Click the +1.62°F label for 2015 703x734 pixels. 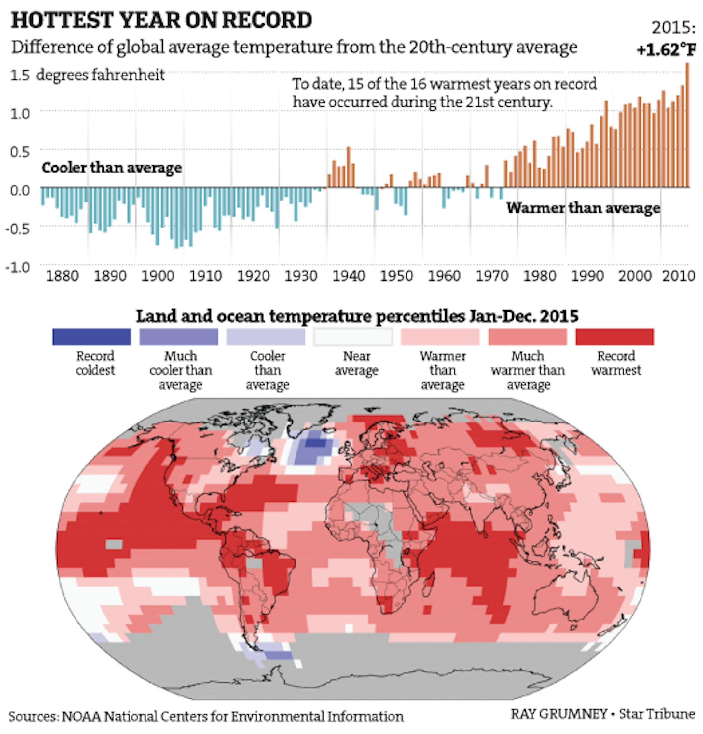[666, 49]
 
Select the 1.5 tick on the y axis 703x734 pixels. [20, 75]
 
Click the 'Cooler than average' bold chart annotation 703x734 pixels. [112, 167]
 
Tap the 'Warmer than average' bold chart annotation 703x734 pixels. [583, 208]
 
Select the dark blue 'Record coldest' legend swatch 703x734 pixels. [92, 337]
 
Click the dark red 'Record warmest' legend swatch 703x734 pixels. [614, 337]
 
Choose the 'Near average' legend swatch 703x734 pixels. [353, 337]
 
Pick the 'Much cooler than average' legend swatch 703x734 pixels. [179, 337]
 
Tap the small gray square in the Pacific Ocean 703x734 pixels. [114, 545]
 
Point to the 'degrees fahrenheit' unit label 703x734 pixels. [100, 75]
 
